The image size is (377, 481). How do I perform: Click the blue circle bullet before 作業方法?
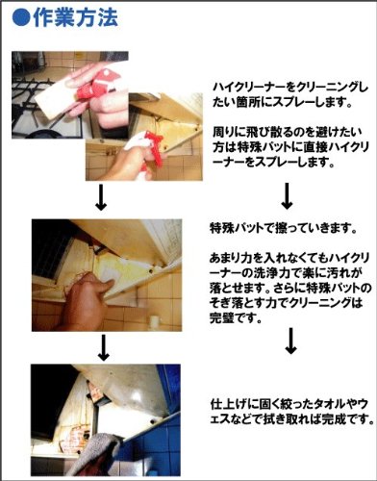click(21, 18)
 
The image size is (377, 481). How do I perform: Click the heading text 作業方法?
click(75, 17)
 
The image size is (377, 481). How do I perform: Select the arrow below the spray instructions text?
click(287, 196)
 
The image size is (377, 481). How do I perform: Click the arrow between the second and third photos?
click(103, 347)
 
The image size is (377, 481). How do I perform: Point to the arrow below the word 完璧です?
click(290, 341)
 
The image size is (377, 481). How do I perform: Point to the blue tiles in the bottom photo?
click(152, 449)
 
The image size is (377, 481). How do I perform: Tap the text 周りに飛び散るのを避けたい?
click(288, 132)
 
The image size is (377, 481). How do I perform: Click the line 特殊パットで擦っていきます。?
click(284, 228)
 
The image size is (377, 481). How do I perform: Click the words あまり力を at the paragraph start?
click(233, 258)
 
